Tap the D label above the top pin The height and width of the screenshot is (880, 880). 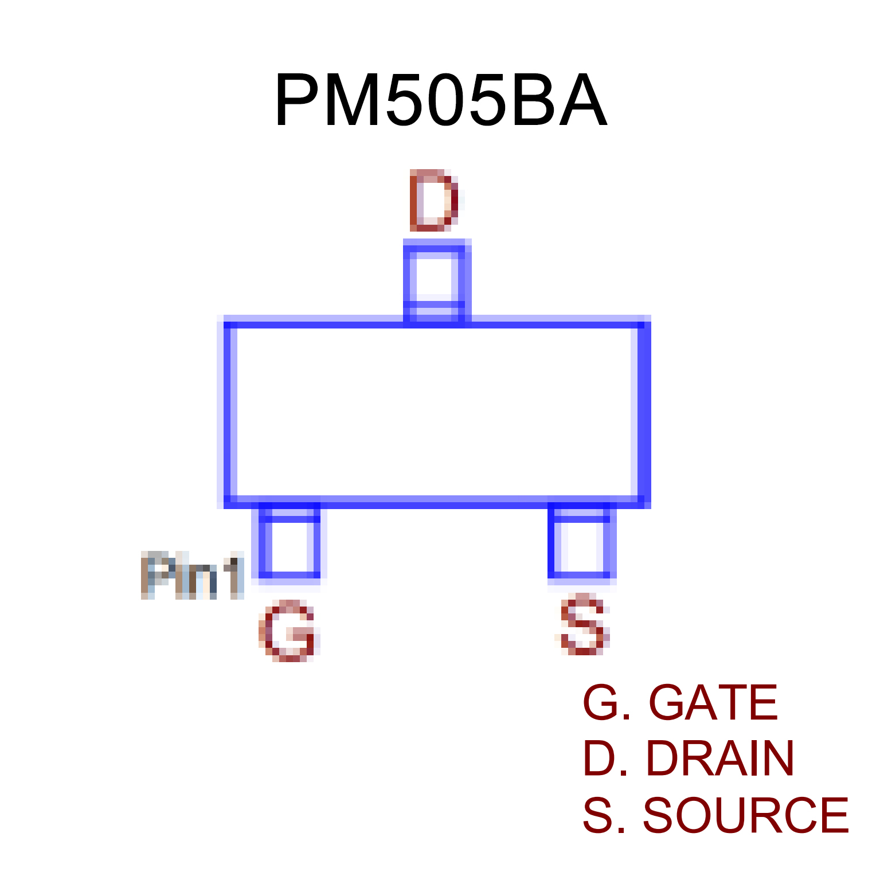434,200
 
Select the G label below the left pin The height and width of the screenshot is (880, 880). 288,631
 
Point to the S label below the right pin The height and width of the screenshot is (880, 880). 582,624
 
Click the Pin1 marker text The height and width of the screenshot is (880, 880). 193,576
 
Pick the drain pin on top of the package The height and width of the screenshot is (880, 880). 437,281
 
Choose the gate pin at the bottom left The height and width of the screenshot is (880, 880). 290,543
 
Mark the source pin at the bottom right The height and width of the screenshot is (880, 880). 582,543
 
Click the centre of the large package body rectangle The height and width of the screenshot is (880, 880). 437,412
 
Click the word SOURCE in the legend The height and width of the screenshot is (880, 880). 745,815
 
